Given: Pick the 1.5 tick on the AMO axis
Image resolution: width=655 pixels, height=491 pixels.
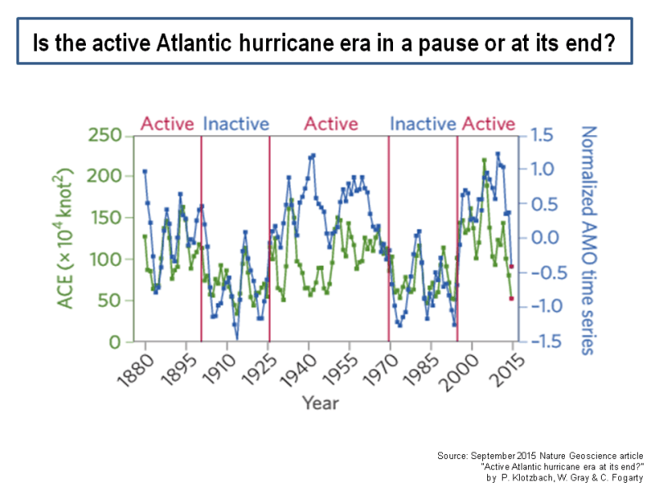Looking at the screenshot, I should [x=541, y=135].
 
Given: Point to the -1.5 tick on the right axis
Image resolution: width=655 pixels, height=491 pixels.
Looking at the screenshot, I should [x=545, y=341].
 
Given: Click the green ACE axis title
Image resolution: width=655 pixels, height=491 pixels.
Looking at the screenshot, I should [x=65, y=238].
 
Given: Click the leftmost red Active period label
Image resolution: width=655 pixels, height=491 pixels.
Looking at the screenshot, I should [x=167, y=124].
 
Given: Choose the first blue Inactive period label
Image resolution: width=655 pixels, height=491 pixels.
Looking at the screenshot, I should [x=236, y=124].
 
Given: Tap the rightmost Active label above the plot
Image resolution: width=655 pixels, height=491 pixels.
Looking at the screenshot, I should [x=489, y=124].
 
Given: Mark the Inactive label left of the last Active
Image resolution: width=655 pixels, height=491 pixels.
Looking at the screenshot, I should [x=422, y=124].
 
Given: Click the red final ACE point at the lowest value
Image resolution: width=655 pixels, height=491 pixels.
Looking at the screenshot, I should [x=512, y=299].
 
